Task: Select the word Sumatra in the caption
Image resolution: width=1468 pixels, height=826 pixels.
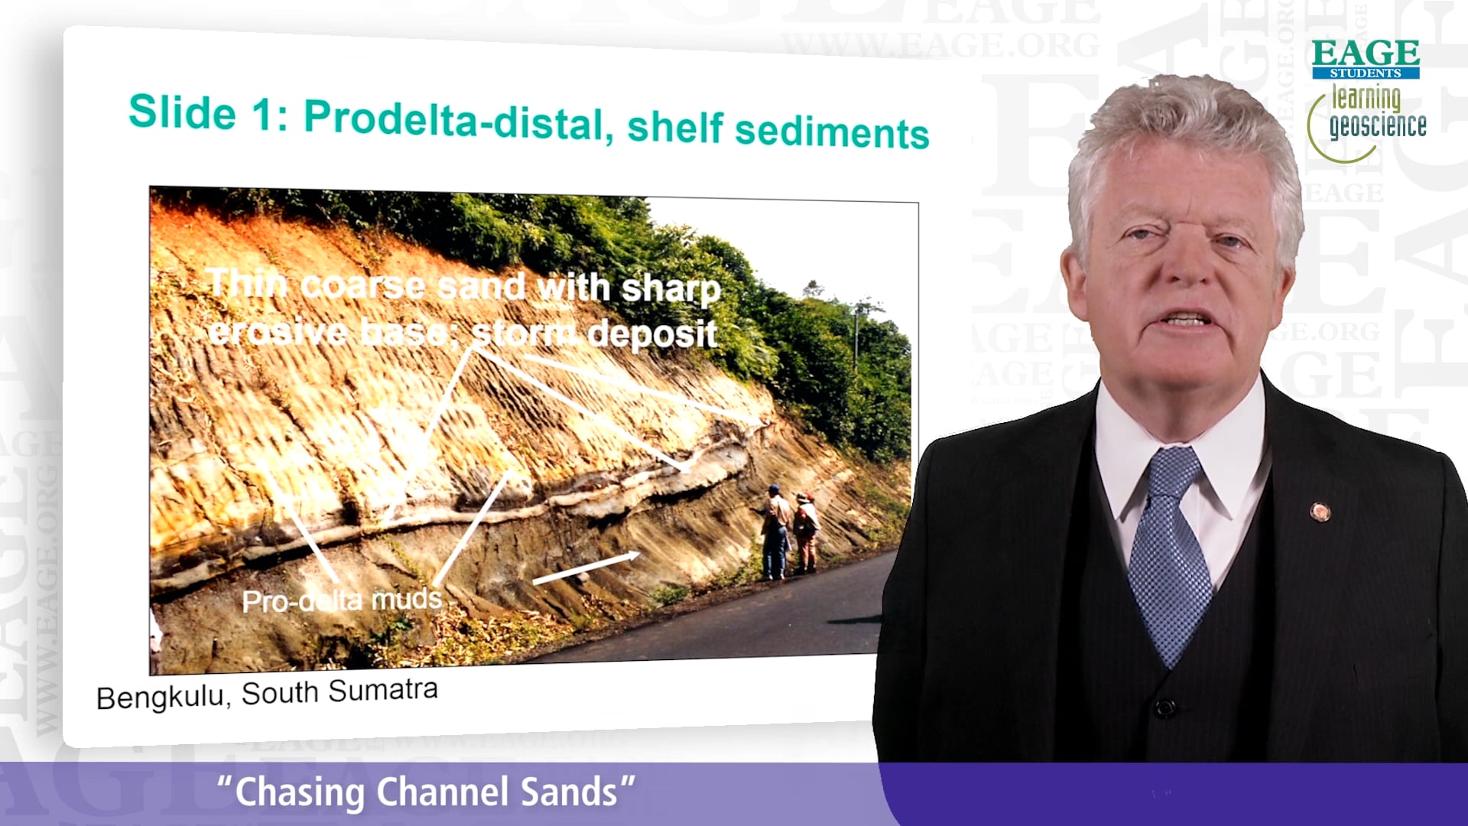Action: coord(383,689)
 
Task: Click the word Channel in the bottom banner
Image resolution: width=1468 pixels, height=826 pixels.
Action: coord(443,792)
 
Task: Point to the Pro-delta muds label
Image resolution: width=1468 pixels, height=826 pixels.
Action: coord(342,600)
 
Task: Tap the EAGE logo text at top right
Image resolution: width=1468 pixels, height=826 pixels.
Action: coord(1366,53)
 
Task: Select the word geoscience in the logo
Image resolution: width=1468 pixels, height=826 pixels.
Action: coord(1378,125)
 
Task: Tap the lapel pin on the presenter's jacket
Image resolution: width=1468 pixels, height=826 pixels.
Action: coord(1320,511)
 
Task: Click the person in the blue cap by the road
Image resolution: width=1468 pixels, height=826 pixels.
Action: coord(775,531)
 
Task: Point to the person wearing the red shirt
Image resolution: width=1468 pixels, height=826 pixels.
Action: coord(805,532)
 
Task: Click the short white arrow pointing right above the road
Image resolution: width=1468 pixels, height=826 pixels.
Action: coord(586,567)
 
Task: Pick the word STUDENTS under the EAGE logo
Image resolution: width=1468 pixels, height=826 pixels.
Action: coord(1366,73)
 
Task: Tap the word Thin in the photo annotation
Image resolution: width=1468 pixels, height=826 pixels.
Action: coord(247,284)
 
